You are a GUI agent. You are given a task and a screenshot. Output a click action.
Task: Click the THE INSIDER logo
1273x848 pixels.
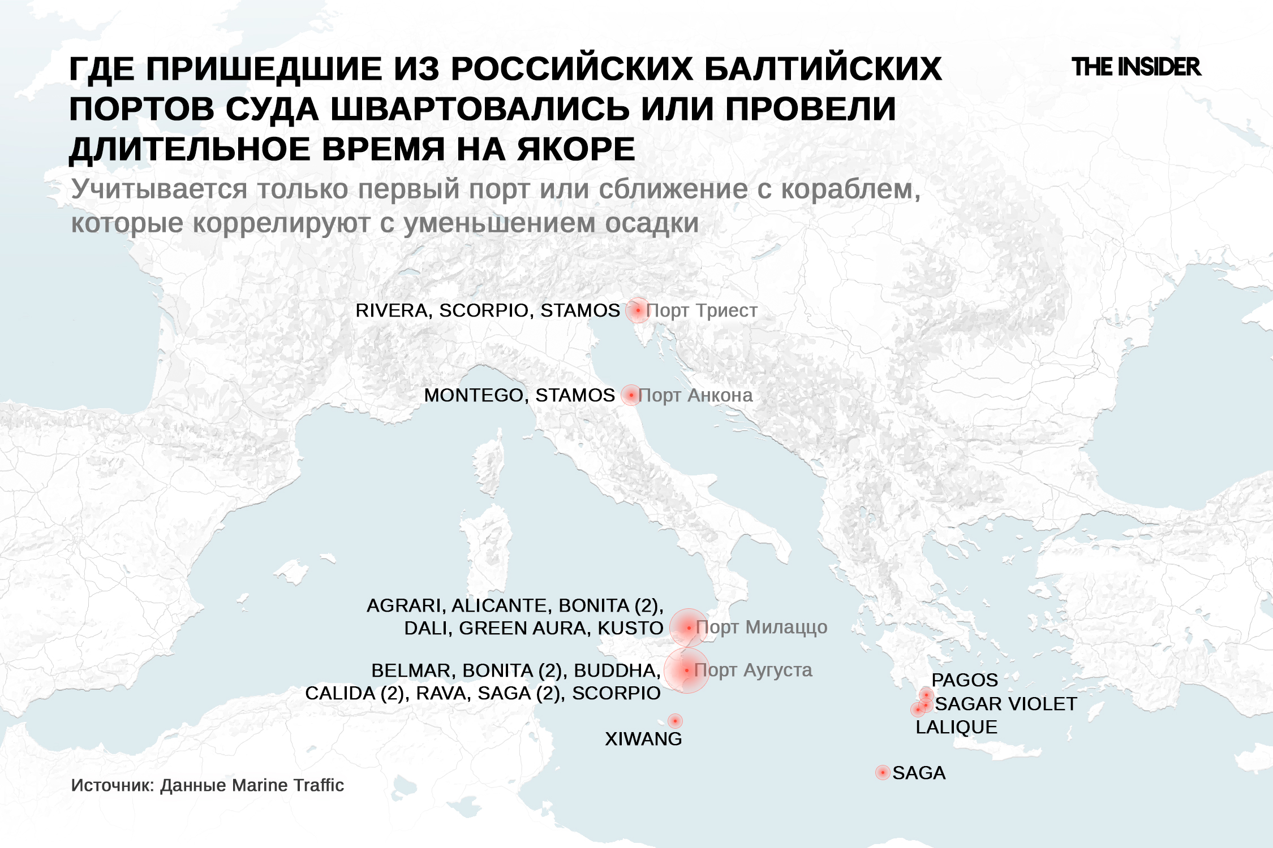1136,67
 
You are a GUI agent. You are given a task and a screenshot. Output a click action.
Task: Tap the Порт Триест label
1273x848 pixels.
702,310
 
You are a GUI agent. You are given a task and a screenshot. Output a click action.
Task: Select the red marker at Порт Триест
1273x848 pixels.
638,310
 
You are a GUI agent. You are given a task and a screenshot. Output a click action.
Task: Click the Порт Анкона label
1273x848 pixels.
695,395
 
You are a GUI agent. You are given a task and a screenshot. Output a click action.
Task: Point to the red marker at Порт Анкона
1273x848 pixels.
631,395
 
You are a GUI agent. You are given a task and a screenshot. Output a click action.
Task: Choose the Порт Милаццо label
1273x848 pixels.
762,627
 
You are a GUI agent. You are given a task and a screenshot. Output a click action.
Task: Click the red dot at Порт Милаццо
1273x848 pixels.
689,628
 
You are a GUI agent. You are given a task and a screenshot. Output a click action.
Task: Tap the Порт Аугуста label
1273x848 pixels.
753,670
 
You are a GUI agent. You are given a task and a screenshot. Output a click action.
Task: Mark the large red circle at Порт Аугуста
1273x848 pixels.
686,670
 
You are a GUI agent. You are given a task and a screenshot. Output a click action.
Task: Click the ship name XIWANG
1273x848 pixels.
643,739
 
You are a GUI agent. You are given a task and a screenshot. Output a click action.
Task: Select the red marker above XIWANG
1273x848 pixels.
675,721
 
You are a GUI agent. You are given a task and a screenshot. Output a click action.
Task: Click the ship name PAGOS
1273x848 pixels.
965,680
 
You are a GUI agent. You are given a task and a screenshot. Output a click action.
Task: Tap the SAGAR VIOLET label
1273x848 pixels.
1006,704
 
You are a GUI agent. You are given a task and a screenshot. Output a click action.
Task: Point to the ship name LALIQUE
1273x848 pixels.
956,727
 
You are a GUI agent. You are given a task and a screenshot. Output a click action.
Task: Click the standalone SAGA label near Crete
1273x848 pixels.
919,773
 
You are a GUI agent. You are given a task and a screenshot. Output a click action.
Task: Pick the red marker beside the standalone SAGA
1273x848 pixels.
883,772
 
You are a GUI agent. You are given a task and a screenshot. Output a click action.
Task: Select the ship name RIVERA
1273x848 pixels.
391,310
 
